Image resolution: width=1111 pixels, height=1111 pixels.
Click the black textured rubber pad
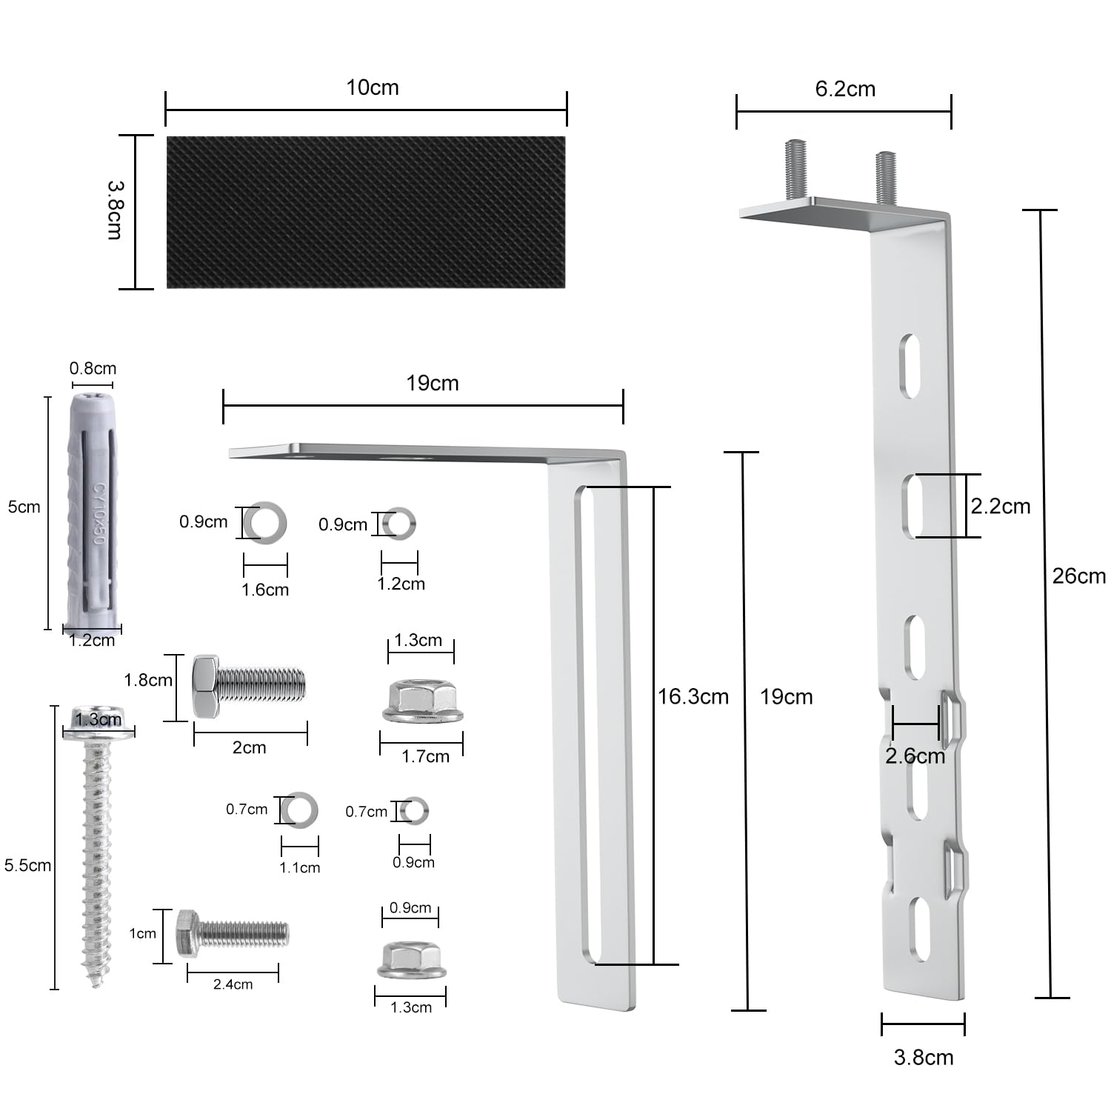(x=366, y=212)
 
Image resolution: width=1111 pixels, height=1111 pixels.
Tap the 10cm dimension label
(x=373, y=87)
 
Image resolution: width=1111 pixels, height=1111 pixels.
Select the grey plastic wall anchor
(x=93, y=511)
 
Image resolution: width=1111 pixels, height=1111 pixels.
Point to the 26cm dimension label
(x=1078, y=576)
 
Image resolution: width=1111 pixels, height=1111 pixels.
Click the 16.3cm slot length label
(x=693, y=697)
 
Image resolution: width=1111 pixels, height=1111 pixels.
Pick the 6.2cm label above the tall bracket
(x=845, y=89)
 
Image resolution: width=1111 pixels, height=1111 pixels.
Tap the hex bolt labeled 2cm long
(x=248, y=686)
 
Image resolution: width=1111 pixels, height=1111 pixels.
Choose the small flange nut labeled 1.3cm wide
(x=412, y=960)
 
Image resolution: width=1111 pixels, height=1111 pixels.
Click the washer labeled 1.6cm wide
(x=265, y=523)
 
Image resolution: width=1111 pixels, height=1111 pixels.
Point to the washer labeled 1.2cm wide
(x=400, y=524)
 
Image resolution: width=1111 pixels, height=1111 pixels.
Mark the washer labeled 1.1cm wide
(x=300, y=809)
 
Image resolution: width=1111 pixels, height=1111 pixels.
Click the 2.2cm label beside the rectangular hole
(x=1001, y=507)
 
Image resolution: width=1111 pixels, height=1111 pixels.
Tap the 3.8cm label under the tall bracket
(x=924, y=1057)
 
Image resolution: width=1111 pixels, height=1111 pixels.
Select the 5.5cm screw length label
(x=27, y=865)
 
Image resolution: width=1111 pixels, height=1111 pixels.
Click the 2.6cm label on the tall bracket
(x=915, y=756)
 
